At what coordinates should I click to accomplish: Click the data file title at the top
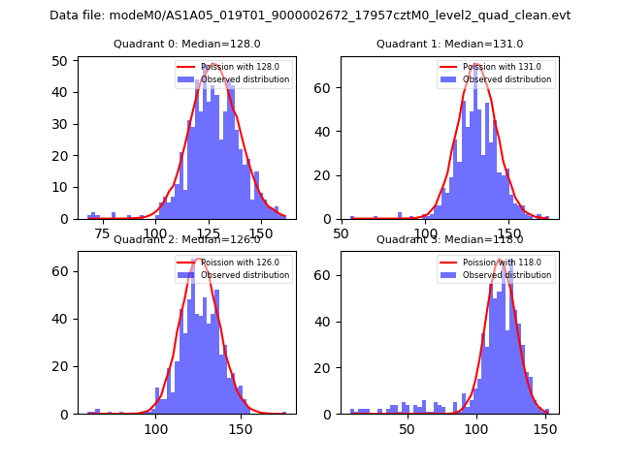coord(310,15)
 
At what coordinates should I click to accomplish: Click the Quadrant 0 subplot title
coord(186,44)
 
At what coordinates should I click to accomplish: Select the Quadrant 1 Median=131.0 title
coord(449,44)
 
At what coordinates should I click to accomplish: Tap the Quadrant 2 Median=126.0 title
coord(186,239)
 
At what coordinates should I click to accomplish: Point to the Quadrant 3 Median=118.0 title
coord(449,239)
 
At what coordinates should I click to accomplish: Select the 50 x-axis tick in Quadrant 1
coord(342,232)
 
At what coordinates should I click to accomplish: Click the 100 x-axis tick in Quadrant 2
coord(156,428)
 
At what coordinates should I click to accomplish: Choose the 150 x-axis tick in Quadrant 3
coord(544,428)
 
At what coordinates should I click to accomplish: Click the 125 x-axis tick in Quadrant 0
coord(208,232)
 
